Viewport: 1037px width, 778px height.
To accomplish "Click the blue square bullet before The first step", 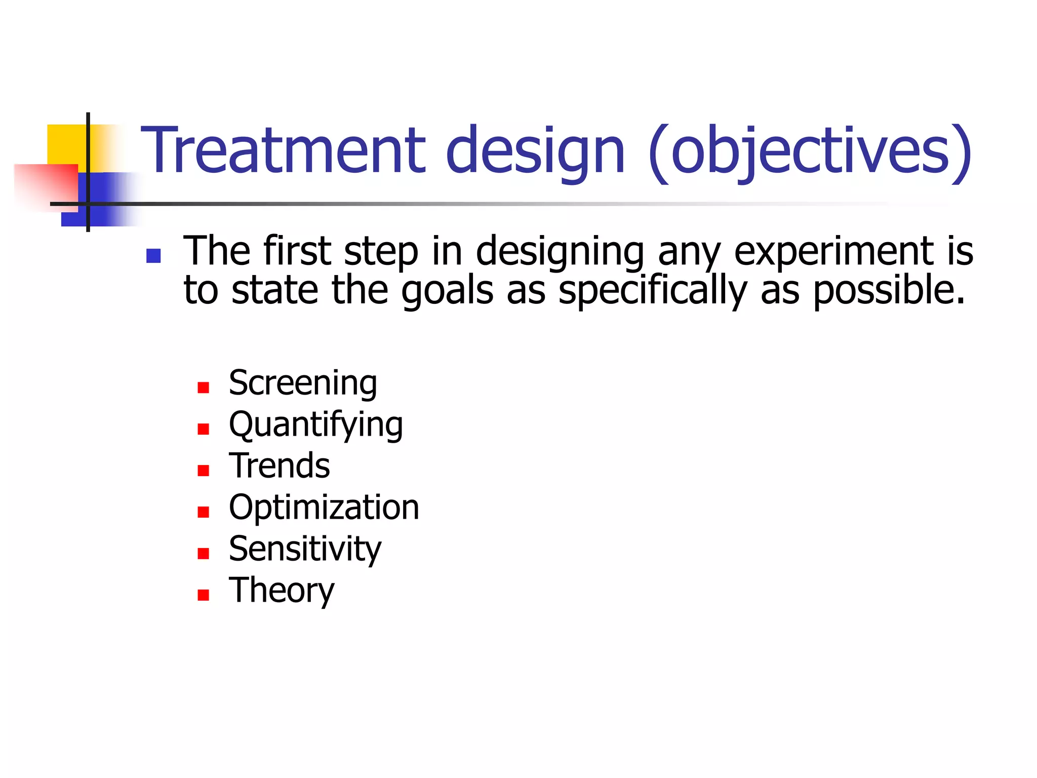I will coord(153,256).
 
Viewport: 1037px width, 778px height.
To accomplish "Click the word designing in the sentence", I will coord(560,252).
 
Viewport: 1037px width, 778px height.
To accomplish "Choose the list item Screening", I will coord(303,383).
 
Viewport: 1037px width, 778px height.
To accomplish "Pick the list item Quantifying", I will coord(316,425).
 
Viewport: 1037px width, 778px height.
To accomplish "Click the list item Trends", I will coord(279,466).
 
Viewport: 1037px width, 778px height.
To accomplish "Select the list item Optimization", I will coord(324,508).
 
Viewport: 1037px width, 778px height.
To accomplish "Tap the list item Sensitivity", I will coord(305,549).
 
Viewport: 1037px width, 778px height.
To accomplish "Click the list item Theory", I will coord(282,591).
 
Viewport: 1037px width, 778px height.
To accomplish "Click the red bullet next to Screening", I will coord(203,388).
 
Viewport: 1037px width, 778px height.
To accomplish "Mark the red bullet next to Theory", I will coord(203,595).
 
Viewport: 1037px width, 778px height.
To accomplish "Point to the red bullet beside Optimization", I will coord(203,512).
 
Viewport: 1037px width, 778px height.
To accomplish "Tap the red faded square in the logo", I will coord(48,185).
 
